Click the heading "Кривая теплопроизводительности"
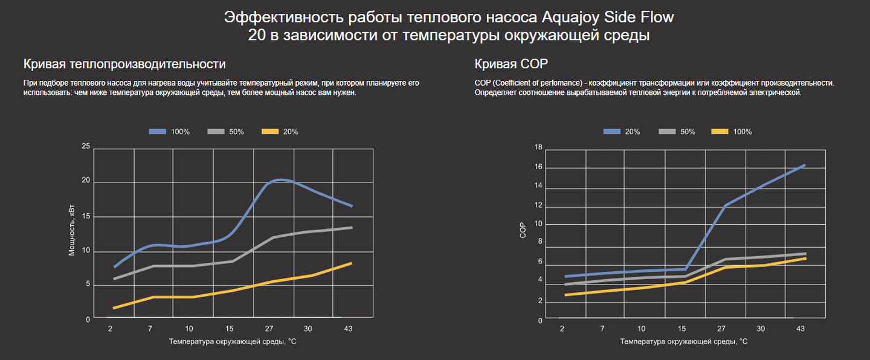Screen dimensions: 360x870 pos(124,64)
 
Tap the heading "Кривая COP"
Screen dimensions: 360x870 pos(511,64)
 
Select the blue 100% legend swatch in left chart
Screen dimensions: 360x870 pos(158,132)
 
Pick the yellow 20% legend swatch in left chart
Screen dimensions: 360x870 pos(270,132)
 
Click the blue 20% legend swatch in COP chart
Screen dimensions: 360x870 pos(611,132)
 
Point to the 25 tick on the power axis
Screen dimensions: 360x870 pos(86,147)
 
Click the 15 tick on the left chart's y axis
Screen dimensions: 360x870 pos(86,216)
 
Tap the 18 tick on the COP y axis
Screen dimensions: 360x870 pos(539,147)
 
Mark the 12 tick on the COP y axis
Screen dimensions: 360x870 pos(539,206)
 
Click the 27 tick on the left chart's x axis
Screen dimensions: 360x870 pos(269,329)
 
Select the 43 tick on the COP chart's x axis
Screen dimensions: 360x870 pos(801,329)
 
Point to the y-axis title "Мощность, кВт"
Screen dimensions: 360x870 pos(72,232)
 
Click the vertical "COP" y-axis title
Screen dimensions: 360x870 pos(523,230)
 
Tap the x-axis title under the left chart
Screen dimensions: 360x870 pos(232,342)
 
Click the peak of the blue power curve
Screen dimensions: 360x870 pos(280,179)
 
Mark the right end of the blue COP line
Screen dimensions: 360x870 pos(804,165)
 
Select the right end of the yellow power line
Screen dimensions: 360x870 pos(351,263)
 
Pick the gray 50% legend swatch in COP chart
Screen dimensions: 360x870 pos(665,132)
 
